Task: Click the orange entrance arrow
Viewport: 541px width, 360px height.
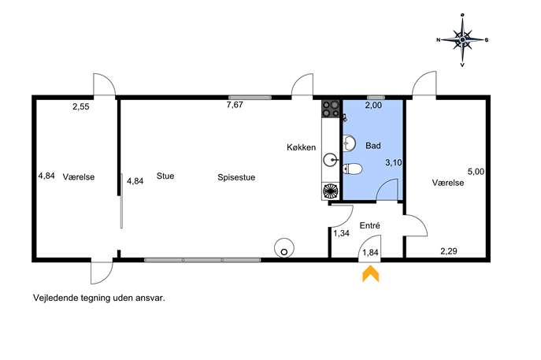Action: point(371,274)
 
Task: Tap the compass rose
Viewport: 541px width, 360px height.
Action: point(462,40)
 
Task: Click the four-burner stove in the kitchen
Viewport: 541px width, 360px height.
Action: point(330,109)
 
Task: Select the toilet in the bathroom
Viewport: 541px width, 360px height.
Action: point(352,169)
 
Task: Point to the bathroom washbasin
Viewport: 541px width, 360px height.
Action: point(349,143)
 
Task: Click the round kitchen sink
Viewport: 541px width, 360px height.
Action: point(331,160)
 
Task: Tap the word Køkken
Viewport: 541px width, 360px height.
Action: point(301,147)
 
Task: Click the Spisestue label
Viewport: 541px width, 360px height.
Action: point(236,177)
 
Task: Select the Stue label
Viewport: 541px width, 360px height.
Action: point(165,176)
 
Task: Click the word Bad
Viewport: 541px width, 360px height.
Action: point(373,146)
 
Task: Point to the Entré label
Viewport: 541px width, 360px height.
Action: point(370,225)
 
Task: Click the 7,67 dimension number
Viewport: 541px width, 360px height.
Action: point(235,105)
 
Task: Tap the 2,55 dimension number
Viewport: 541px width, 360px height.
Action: point(81,106)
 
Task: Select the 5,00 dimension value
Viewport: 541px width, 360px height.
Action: point(476,171)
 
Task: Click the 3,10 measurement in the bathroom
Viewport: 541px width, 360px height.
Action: point(394,162)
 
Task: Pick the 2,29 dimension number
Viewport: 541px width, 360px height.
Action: point(449,251)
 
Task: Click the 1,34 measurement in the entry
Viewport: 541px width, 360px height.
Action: point(341,233)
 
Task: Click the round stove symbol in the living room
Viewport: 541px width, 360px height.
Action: point(284,248)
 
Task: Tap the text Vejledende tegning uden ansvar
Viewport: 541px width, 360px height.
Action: point(99,298)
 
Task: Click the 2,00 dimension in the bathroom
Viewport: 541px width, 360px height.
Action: point(374,106)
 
